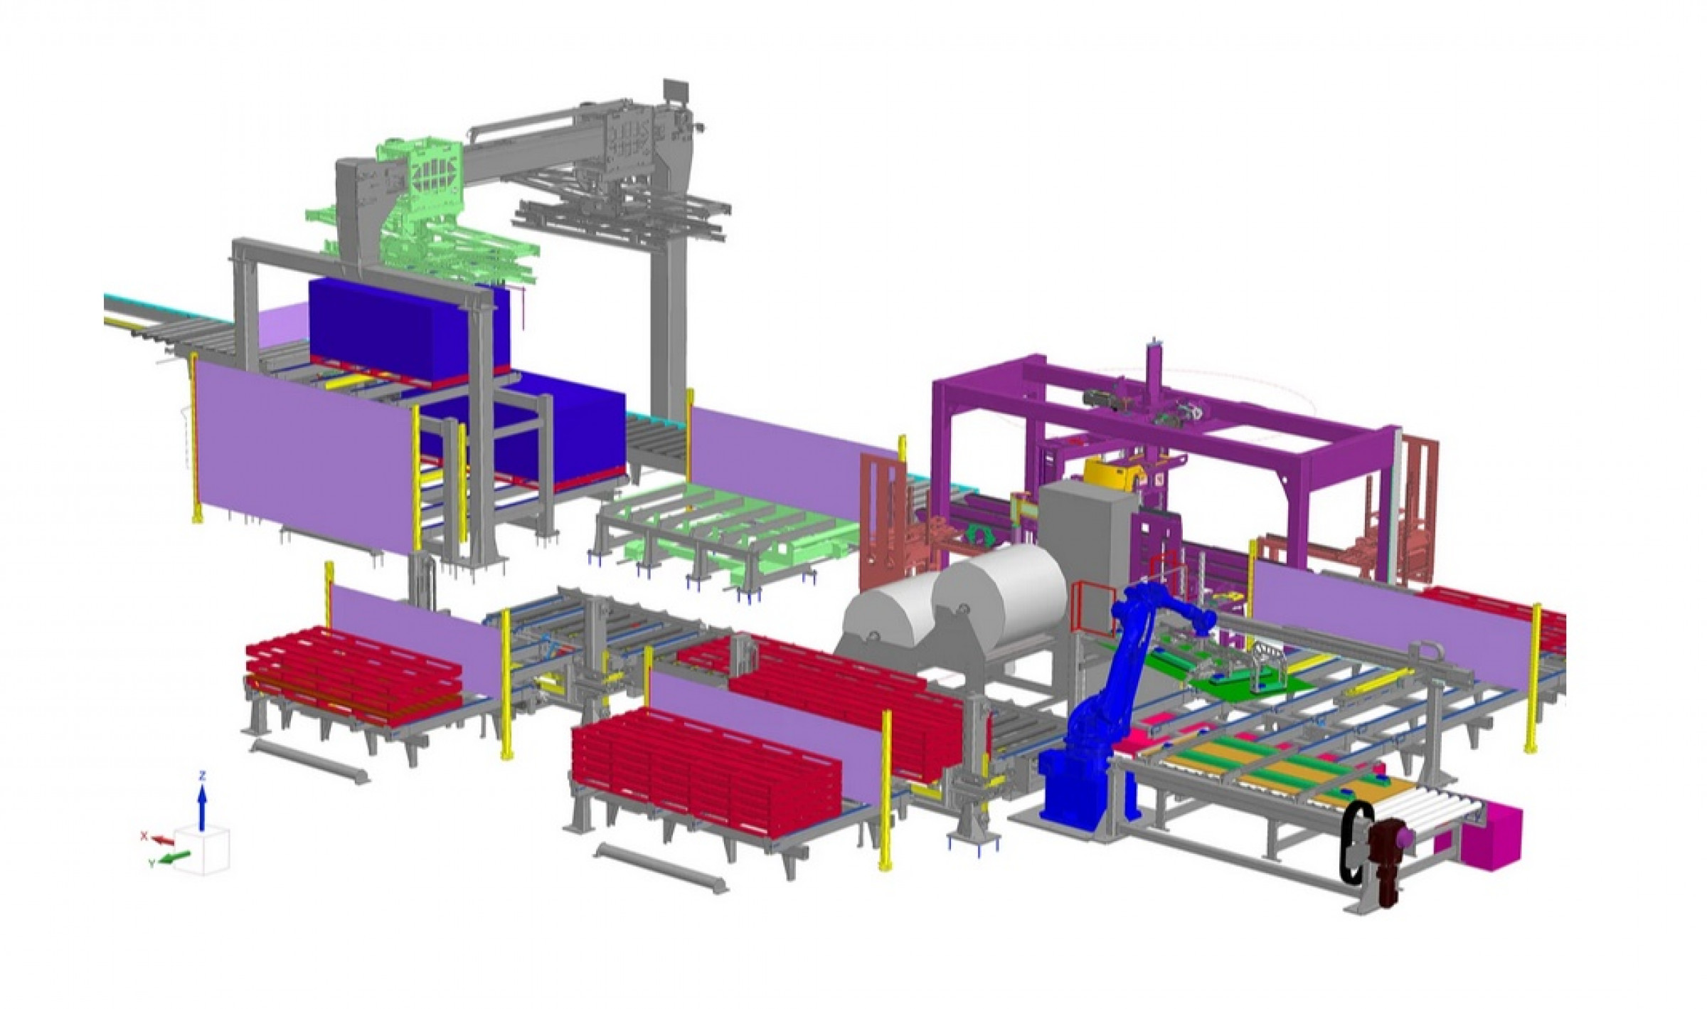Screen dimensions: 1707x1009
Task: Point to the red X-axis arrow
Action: coord(164,840)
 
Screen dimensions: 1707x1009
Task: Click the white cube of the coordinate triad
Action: coord(203,851)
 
